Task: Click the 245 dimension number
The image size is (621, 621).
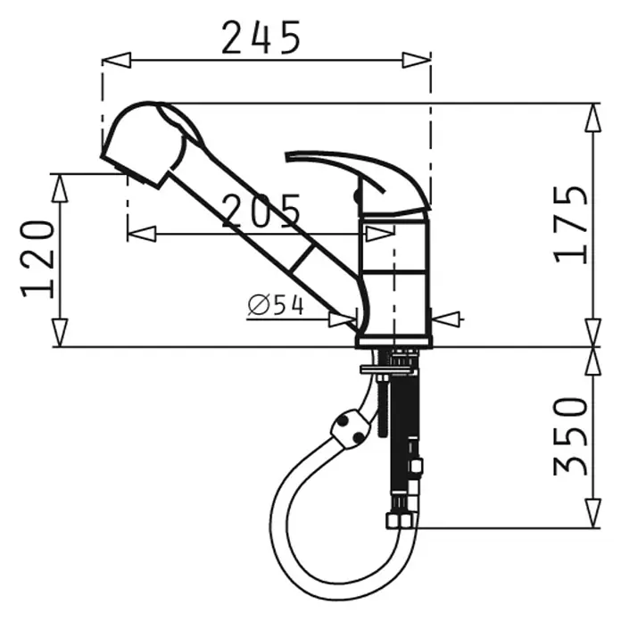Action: [x=261, y=37]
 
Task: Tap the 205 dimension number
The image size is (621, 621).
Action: [x=261, y=211]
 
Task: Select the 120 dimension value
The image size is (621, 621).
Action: [x=37, y=259]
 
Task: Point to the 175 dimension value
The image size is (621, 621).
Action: [x=571, y=224]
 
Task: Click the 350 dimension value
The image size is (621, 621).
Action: [x=571, y=436]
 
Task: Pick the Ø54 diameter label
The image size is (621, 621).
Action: [x=276, y=305]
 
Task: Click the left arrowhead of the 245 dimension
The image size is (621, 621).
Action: [x=116, y=60]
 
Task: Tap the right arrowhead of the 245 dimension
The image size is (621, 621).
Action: [x=417, y=60]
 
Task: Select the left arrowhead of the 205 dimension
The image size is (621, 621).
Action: [x=141, y=234]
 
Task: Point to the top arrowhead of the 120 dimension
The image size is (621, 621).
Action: [x=60, y=187]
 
